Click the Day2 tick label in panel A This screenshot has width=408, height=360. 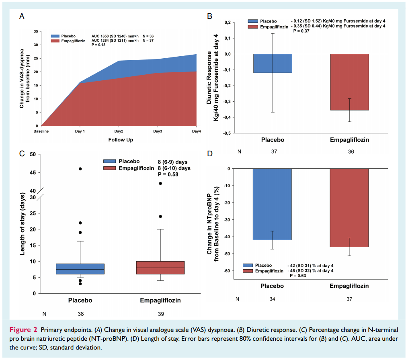click(119, 131)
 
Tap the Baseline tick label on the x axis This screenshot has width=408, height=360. click(41, 131)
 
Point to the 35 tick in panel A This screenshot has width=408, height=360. click(36, 31)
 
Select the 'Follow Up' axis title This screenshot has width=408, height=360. click(121, 140)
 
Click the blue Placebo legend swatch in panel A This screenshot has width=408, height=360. click(55, 36)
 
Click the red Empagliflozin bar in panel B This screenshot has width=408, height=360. click(349, 82)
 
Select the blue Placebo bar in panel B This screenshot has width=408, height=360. click(273, 63)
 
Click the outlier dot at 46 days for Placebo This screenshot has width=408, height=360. click(80, 169)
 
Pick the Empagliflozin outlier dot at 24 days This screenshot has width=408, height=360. click(160, 216)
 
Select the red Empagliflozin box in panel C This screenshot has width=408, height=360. click(160, 268)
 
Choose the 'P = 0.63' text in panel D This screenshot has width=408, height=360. click(297, 276)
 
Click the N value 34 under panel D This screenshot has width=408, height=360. click(273, 299)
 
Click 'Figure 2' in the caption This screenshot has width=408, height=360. click(24, 329)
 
